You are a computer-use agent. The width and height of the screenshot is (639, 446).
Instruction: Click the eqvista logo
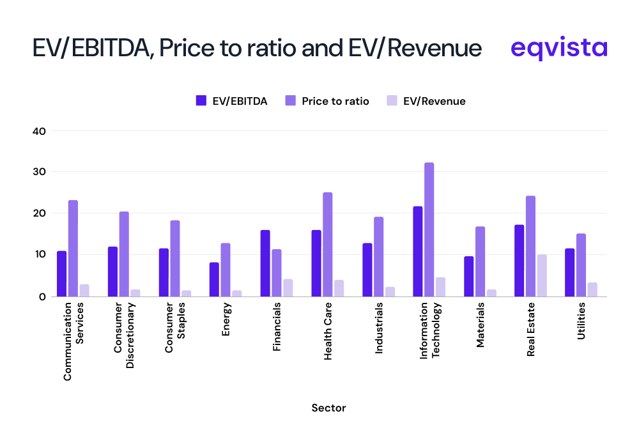(559, 48)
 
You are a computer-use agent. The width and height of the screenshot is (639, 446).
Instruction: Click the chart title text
(257, 49)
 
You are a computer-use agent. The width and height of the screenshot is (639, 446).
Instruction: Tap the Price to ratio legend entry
(327, 101)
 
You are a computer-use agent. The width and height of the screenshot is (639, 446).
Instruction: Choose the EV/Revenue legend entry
(426, 101)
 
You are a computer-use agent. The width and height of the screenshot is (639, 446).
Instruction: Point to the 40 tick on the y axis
(40, 131)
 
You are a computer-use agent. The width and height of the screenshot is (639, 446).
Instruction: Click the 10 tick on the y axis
(40, 254)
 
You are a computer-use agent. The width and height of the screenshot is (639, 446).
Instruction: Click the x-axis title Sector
(328, 408)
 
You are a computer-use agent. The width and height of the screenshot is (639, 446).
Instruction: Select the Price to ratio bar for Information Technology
(429, 229)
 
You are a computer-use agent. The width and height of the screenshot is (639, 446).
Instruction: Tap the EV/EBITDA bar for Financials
(265, 263)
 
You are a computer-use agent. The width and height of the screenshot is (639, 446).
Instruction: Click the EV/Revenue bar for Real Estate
(542, 275)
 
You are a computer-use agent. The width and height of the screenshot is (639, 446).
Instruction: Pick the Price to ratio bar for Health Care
(327, 244)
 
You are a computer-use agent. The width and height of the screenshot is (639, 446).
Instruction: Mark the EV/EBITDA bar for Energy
(214, 279)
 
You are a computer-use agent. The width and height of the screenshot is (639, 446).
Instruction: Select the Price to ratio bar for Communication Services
(73, 248)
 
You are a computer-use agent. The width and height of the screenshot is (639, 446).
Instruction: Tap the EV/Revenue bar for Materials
(491, 293)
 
